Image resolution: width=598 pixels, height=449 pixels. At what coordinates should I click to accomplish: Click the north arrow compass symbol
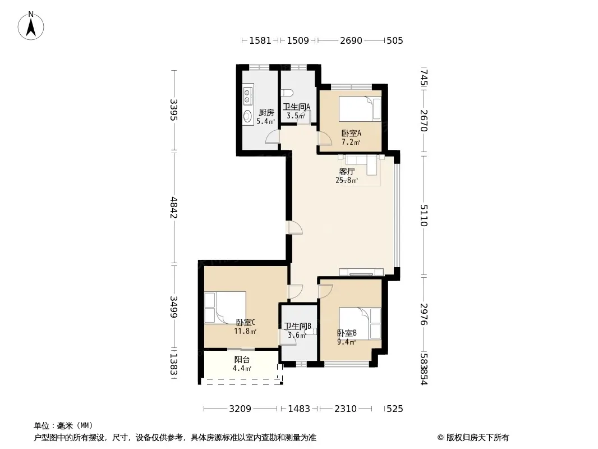pos(31,26)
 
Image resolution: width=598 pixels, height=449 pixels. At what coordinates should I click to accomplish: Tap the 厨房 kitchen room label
pos(266,113)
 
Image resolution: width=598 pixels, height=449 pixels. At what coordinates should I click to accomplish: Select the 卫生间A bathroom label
pos(296,107)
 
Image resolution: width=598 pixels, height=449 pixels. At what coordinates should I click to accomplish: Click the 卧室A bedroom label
pos(351,133)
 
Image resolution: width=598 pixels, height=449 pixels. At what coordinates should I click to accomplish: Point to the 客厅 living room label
pos(347,172)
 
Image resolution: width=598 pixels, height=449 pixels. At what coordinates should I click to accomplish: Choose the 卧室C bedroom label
pos(246,322)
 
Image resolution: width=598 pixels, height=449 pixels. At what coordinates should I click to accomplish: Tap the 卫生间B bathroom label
pos(297,326)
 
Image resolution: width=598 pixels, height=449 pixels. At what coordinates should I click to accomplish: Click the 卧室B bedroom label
pos(347,333)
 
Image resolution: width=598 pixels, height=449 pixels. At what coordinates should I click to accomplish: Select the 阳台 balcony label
pos(242,359)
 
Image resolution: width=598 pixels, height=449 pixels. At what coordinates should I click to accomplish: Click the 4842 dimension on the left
pos(173,208)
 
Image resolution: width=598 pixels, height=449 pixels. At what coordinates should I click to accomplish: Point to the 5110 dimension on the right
pos(424,216)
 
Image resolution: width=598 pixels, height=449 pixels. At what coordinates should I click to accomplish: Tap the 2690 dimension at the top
pos(351,40)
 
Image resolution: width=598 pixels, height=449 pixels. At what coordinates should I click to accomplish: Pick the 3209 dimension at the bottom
pos(240,409)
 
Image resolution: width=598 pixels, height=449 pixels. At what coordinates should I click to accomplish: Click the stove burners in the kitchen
pos(247,96)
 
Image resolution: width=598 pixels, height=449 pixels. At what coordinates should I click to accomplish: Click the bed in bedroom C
pos(225,308)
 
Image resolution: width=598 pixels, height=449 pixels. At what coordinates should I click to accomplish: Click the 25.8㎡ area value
pos(347,180)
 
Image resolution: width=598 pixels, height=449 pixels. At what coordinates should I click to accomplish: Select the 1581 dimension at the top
pos(260,40)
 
